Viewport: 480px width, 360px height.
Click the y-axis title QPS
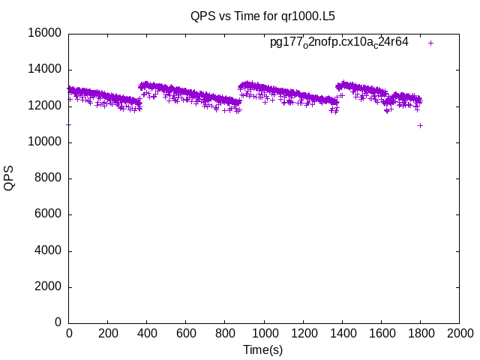pos(9,178)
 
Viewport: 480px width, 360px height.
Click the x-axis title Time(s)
pos(263,349)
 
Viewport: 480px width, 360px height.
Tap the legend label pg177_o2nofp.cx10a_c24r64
pos(339,42)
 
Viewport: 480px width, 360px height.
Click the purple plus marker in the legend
pos(430,43)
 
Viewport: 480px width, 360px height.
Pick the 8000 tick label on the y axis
pos(49,178)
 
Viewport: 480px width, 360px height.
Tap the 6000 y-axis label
pos(49,214)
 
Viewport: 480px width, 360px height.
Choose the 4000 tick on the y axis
pos(49,250)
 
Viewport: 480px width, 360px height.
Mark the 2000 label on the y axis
pos(49,287)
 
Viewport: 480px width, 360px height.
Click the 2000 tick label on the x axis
pos(459,334)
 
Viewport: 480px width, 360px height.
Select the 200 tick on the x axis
pos(108,334)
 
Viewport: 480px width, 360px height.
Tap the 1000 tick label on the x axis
pos(264,334)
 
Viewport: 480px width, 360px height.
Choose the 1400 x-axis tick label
pos(342,334)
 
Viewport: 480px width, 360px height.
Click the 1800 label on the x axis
pos(420,334)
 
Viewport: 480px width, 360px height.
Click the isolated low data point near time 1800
pos(420,125)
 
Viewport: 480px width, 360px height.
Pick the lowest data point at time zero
pos(69,124)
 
